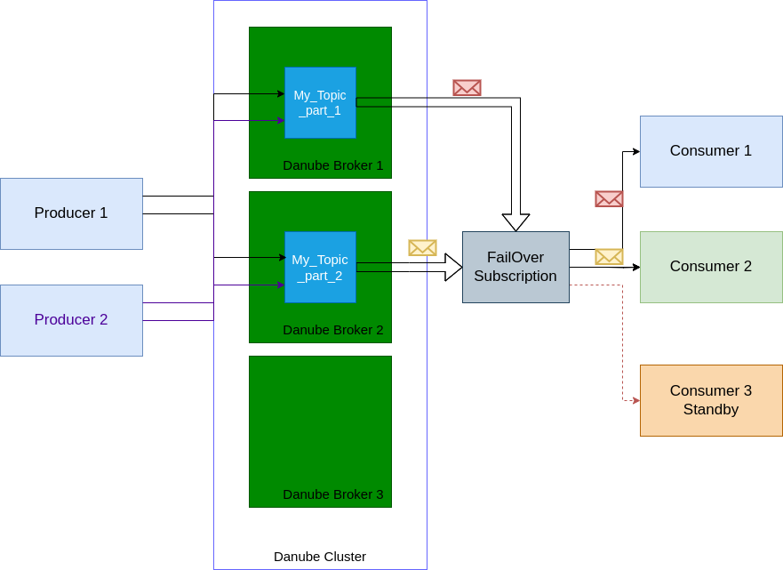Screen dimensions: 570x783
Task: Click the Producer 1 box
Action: click(71, 213)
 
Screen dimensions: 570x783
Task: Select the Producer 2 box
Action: click(71, 320)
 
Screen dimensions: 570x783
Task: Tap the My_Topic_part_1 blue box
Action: click(320, 102)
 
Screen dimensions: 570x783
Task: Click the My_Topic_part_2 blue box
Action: click(320, 267)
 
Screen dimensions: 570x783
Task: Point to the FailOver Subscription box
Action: click(515, 267)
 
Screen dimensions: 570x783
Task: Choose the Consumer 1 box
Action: click(711, 151)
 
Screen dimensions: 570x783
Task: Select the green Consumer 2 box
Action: click(711, 267)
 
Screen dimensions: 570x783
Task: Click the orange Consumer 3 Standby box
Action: click(711, 400)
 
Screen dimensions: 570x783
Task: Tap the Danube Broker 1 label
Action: click(333, 165)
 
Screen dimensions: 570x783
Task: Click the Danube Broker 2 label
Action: click(333, 330)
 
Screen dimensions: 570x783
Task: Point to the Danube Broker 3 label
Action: click(333, 494)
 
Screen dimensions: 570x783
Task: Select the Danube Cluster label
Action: click(320, 557)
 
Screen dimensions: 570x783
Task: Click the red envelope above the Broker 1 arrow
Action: click(467, 87)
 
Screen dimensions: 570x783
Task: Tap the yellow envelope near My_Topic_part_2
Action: click(422, 247)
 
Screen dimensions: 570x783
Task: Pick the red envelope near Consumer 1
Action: click(609, 198)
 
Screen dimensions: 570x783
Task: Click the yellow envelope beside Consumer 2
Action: click(609, 256)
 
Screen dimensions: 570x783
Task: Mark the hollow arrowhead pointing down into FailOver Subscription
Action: click(515, 222)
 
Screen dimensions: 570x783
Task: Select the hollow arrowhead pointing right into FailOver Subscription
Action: click(453, 267)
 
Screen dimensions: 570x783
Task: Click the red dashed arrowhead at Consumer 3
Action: click(635, 400)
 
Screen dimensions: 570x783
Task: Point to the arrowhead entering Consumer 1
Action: click(635, 151)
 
